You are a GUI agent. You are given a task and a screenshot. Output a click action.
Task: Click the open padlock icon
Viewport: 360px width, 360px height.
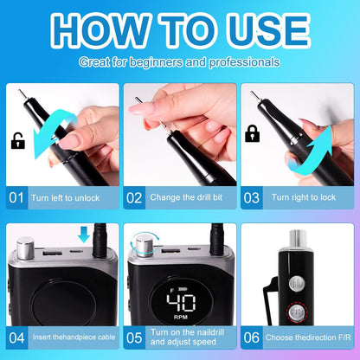tap(18, 141)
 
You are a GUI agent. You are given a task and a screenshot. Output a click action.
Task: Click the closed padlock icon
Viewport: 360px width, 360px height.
tap(252, 133)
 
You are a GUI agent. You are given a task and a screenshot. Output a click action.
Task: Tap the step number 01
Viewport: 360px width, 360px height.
tap(16, 198)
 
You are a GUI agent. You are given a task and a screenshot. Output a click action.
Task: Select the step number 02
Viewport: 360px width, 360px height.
tap(134, 198)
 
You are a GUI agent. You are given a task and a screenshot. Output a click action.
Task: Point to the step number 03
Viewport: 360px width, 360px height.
tap(252, 198)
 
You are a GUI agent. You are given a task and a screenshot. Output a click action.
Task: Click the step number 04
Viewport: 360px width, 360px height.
tap(16, 337)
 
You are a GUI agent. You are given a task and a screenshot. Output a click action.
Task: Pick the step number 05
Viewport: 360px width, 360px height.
tap(134, 337)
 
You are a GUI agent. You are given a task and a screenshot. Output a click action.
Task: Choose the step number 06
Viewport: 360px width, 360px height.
tap(252, 337)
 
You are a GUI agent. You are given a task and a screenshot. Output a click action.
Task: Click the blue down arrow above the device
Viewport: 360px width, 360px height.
tap(84, 235)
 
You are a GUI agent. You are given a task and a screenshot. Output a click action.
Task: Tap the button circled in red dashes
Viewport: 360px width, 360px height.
tap(297, 312)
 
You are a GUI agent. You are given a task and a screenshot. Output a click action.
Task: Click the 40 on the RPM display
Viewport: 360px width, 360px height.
tap(182, 303)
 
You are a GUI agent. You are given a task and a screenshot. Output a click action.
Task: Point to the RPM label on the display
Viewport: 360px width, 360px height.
tap(181, 317)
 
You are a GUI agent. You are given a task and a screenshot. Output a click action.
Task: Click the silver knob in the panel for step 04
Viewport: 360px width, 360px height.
tap(25, 248)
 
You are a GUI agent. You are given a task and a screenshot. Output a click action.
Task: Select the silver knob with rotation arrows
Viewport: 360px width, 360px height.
tap(144, 246)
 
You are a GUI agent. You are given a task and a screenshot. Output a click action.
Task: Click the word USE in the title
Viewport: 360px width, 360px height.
tap(269, 30)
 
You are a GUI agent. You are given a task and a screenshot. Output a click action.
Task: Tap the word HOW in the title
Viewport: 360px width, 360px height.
tap(100, 30)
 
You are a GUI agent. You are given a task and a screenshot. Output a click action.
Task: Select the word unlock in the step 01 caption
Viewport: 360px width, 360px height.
tap(87, 198)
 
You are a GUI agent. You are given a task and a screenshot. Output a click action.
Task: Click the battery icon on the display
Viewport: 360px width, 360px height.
tap(183, 289)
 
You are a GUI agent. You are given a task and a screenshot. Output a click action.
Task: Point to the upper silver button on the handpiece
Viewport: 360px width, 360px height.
tap(297, 284)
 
